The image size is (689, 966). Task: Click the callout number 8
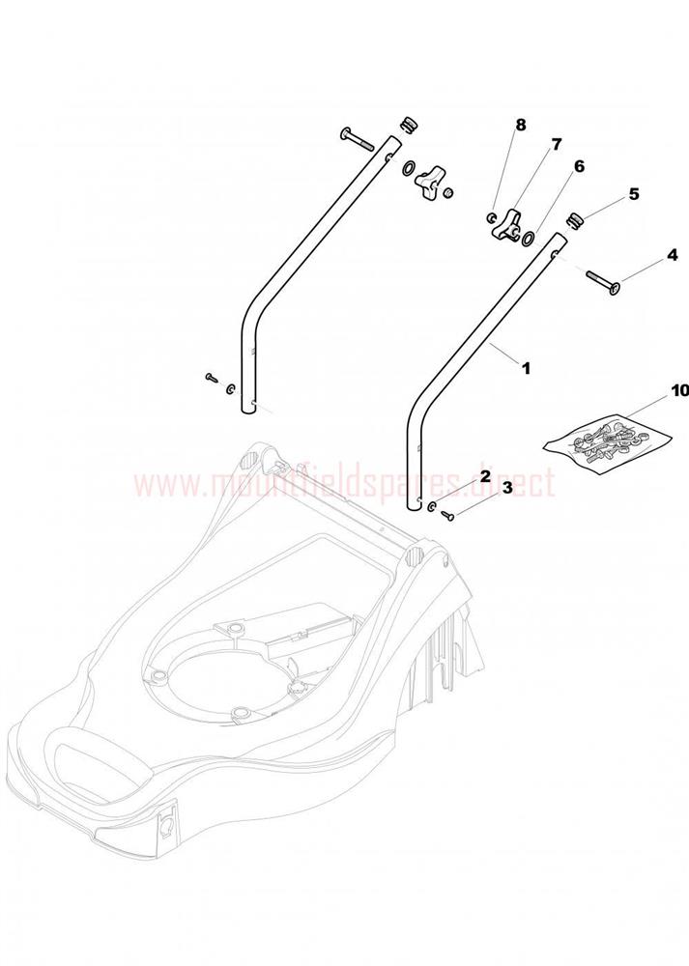(521, 125)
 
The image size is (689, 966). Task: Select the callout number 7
(557, 145)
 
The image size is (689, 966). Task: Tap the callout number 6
(578, 166)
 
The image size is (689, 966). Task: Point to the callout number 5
(634, 194)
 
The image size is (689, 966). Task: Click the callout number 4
(673, 254)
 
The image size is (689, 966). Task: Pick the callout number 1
(526, 368)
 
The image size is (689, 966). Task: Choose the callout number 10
(678, 390)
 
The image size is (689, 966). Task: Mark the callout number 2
(485, 476)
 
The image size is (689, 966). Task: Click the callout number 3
(507, 488)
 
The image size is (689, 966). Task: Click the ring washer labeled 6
(529, 238)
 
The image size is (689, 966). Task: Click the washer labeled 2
(433, 506)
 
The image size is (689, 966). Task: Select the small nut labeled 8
(491, 216)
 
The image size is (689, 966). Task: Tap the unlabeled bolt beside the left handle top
(357, 139)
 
